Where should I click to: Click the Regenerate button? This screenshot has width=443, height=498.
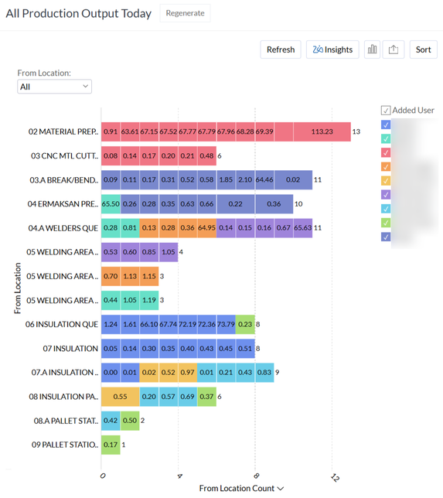click(185, 13)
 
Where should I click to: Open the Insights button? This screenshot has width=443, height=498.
click(332, 49)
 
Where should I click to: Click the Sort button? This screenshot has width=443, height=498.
click(423, 49)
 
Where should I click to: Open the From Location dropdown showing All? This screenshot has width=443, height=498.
click(54, 87)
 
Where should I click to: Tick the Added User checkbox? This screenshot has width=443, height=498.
click(386, 110)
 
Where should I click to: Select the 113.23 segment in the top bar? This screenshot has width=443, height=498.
click(322, 132)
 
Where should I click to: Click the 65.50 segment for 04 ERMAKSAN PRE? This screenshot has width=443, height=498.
click(111, 204)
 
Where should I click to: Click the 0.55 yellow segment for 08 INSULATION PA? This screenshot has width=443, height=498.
click(120, 397)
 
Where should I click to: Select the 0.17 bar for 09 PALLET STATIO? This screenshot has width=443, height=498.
click(111, 445)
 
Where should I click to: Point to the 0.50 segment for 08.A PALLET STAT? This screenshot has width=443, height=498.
click(130, 421)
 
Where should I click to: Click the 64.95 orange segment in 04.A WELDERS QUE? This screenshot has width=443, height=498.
click(207, 228)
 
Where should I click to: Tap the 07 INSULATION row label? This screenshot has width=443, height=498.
click(70, 349)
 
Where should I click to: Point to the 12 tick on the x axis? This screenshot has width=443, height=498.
click(333, 475)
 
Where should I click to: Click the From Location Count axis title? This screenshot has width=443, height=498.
click(240, 488)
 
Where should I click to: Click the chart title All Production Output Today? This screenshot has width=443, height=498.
click(79, 14)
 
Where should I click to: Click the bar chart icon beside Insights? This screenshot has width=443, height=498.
click(373, 49)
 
